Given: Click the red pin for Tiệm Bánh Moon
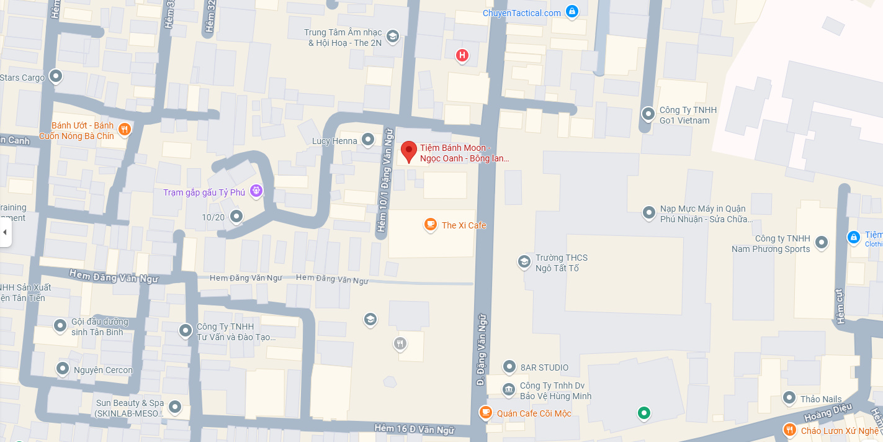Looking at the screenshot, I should click(408, 151).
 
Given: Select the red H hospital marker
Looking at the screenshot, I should click(462, 56).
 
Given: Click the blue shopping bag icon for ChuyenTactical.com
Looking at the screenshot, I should click(572, 11).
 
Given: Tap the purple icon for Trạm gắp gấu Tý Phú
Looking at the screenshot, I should click(256, 191).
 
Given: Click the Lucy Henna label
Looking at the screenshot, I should click(334, 141).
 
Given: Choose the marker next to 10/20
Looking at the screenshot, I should click(236, 217).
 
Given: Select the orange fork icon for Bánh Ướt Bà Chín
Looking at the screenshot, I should click(124, 129).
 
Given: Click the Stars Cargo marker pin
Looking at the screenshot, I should click(56, 76).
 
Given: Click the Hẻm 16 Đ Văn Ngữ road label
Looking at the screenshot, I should click(414, 430).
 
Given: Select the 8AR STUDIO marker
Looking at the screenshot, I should click(509, 367).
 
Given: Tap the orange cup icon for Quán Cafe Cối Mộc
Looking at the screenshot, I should click(486, 412).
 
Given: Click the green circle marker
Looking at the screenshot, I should click(644, 412).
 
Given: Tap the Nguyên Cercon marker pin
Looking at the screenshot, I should click(62, 369).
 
